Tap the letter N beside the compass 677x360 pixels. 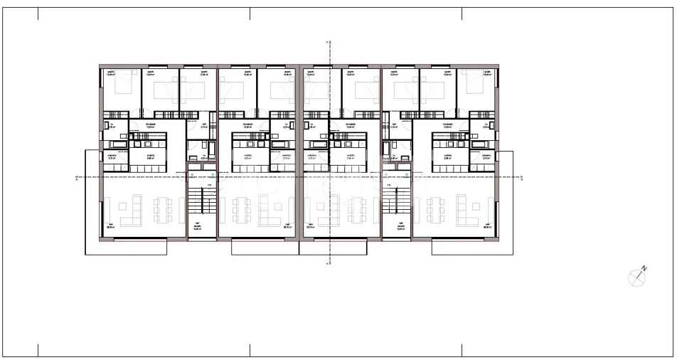pyautogui.click(x=644, y=268)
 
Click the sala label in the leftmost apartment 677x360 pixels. pyautogui.click(x=110, y=225)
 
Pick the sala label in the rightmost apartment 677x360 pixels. pyautogui.click(x=488, y=225)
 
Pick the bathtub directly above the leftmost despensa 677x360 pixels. pyautogui.click(x=117, y=145)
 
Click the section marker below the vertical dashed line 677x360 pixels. pyautogui.click(x=328, y=263)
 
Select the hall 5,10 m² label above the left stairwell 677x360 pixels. pyautogui.click(x=204, y=125)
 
